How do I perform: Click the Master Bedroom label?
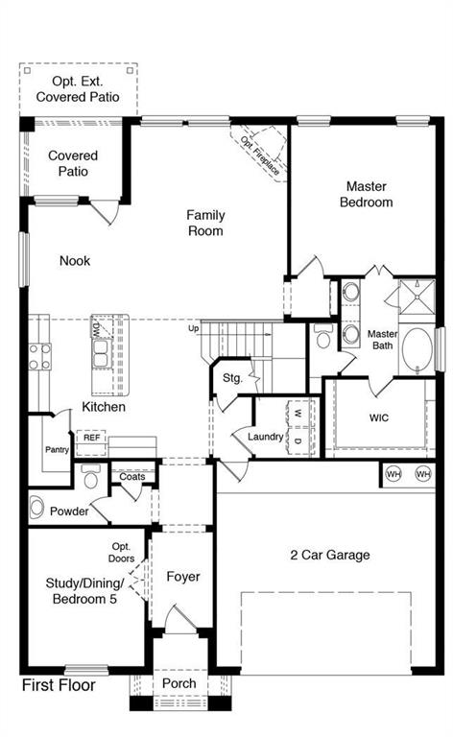tap(369, 194)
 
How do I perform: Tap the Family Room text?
tap(205, 223)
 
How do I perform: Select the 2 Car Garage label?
tap(330, 555)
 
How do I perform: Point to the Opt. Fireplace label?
tap(260, 155)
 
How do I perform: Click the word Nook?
tap(75, 260)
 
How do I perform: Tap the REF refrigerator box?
tap(91, 438)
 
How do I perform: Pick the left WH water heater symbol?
tap(393, 474)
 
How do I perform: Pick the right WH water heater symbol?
tap(422, 474)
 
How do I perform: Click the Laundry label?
tap(265, 437)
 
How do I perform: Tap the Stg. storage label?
tap(233, 378)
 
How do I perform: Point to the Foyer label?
tap(182, 577)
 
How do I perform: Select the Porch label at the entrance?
tap(179, 683)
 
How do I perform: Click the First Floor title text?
tap(60, 685)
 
